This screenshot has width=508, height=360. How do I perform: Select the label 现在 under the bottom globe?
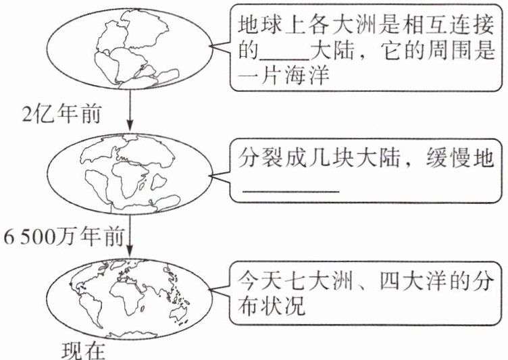tap(84, 350)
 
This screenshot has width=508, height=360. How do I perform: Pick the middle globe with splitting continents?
tap(129, 175)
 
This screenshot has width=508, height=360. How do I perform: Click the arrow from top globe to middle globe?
tap(129, 111)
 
